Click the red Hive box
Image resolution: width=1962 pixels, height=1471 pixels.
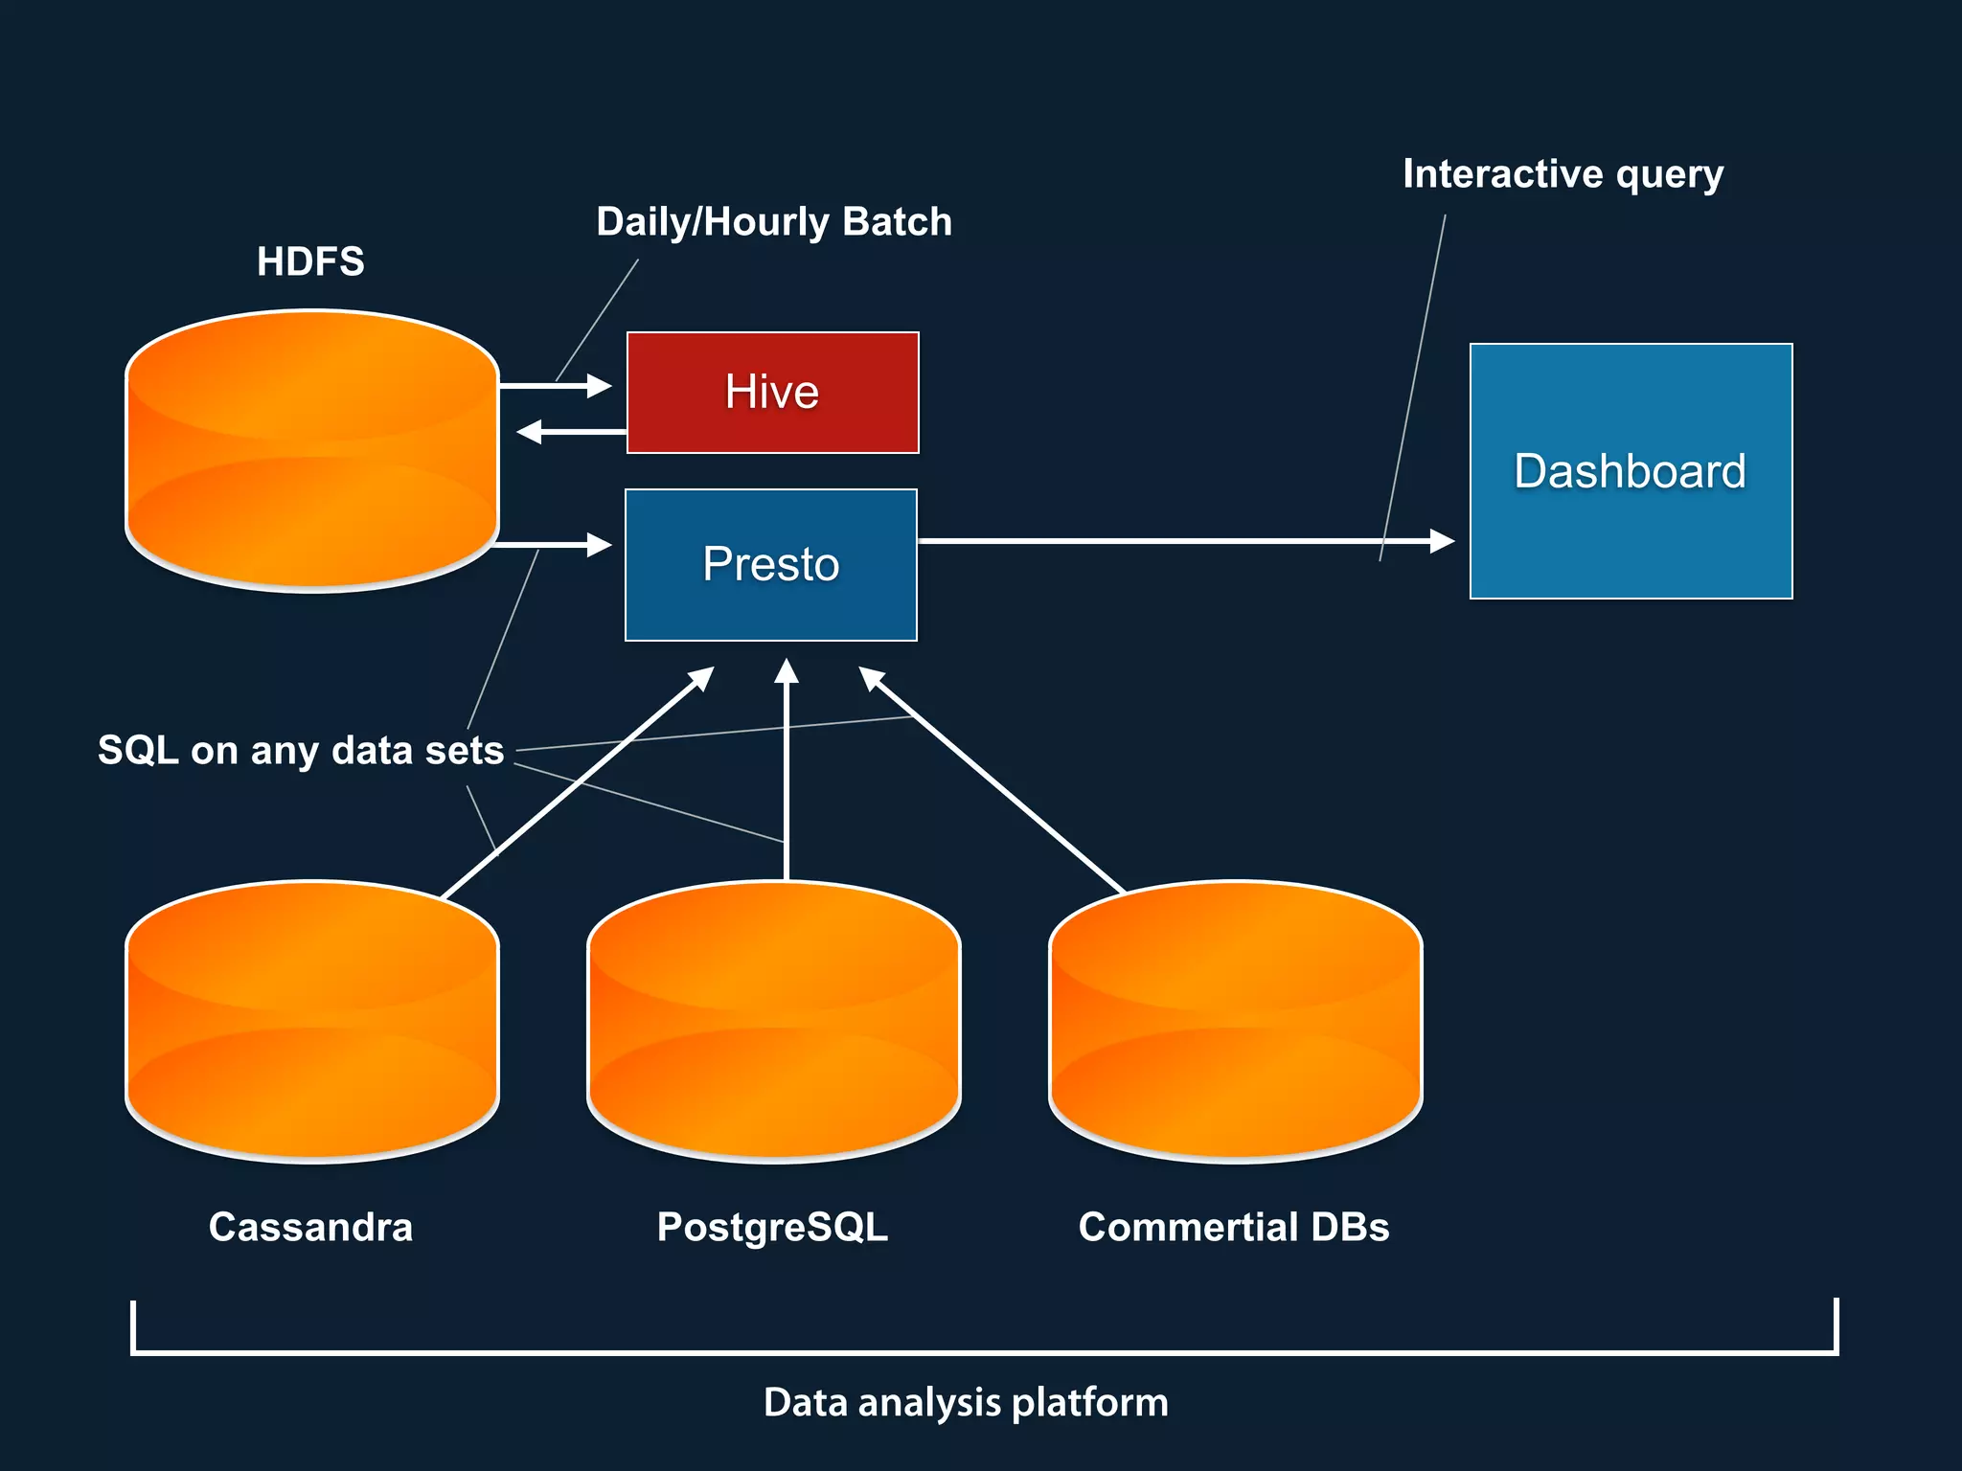tap(772, 393)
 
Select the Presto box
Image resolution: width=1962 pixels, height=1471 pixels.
tap(771, 564)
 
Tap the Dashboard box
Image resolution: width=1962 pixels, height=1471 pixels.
tap(1631, 471)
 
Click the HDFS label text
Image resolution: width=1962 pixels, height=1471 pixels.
tap(310, 261)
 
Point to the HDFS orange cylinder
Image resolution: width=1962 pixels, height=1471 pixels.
tap(312, 450)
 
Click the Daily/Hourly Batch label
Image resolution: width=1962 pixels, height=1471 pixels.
tap(774, 222)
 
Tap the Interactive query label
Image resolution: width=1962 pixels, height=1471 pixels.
tap(1563, 174)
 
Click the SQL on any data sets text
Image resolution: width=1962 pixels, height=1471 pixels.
tap(301, 750)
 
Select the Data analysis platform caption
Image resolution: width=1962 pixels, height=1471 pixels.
tap(966, 1402)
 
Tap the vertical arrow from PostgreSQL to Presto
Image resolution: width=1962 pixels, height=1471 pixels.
tap(787, 766)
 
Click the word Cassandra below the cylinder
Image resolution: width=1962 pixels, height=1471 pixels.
tap(310, 1227)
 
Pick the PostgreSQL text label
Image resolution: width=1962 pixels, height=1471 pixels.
tap(772, 1227)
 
